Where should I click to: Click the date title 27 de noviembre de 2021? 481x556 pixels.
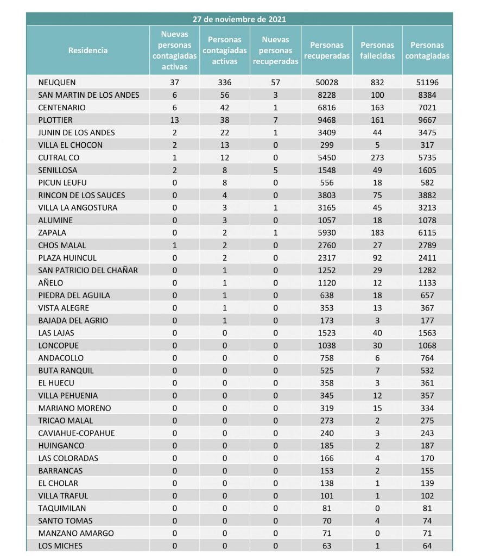[239, 19]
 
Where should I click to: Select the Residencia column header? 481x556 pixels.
[88, 50]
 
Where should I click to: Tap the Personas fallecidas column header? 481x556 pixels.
[377, 50]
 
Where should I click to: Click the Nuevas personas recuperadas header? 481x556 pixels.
[276, 50]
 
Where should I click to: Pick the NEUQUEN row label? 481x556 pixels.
[57, 83]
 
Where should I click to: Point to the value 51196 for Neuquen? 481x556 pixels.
[427, 83]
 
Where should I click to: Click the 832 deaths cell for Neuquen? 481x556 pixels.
[377, 83]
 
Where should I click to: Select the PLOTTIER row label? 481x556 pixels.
[55, 120]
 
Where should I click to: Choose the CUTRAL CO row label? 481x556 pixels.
[59, 157]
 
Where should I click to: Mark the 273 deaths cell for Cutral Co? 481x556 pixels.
[377, 157]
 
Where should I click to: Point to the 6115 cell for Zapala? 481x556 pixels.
[427, 232]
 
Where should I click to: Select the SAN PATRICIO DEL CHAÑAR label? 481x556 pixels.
[88, 270]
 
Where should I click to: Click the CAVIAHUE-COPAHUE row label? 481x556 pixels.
[77, 433]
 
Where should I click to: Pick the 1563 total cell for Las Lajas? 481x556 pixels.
[427, 333]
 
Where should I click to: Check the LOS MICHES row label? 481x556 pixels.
[60, 546]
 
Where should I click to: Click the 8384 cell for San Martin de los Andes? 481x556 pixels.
[427, 95]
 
